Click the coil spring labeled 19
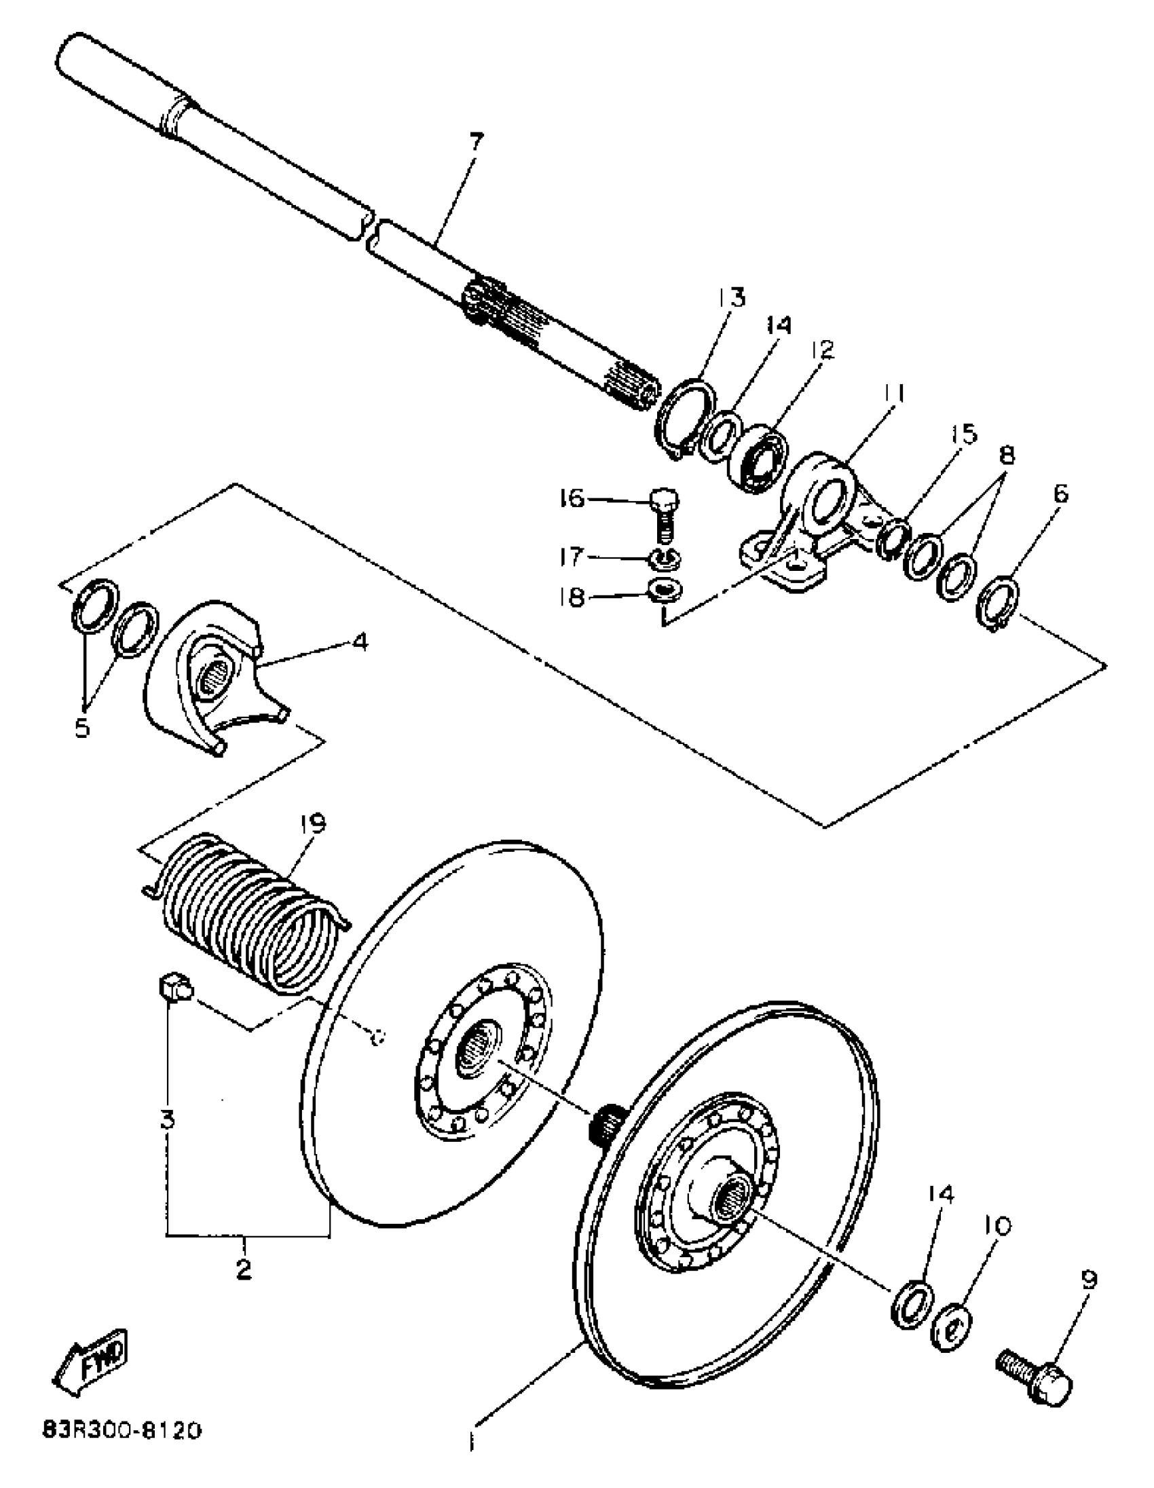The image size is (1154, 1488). (x=248, y=913)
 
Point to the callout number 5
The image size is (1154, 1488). (x=81, y=728)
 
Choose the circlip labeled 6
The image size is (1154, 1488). (x=997, y=602)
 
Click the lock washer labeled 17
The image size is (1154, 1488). (x=664, y=557)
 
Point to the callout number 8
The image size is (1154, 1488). (x=1005, y=454)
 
